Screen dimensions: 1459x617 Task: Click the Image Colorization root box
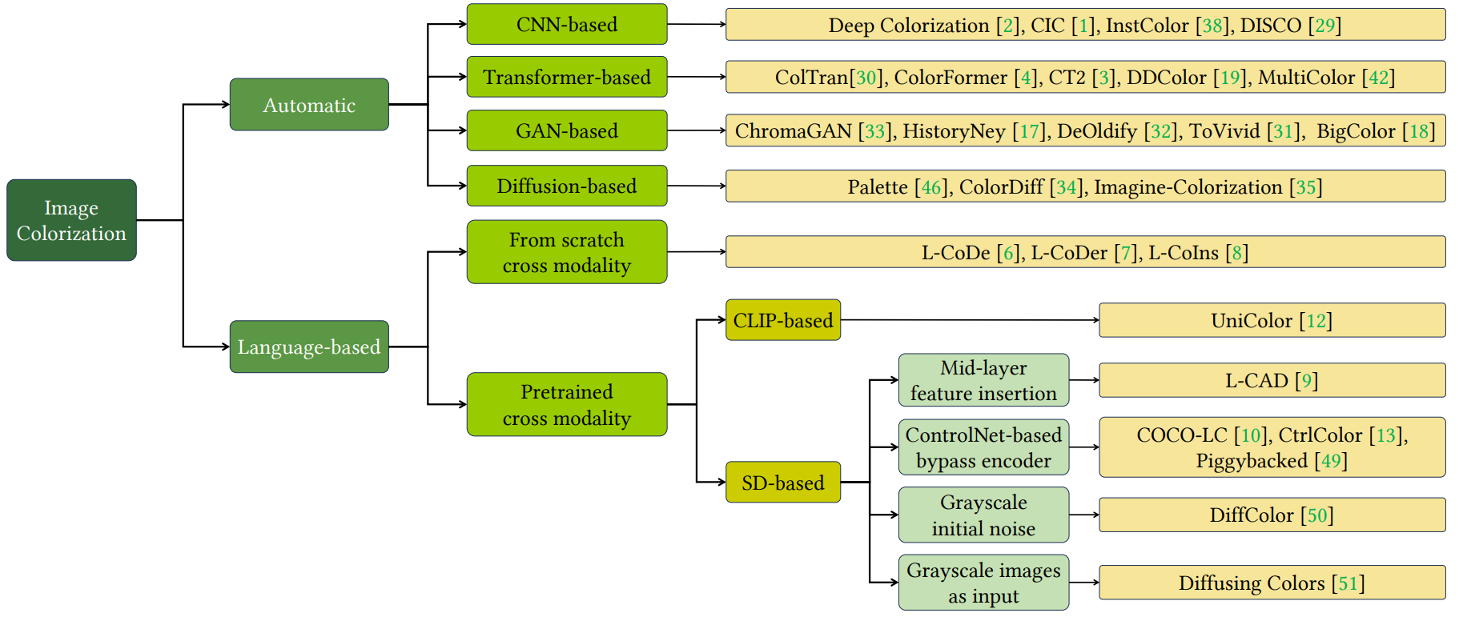(71, 220)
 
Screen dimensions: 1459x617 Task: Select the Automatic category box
(309, 104)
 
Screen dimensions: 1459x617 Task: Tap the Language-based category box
(309, 347)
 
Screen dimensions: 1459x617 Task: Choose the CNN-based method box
(567, 24)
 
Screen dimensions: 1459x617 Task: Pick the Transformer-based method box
(567, 77)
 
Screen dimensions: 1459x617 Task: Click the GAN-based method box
(567, 130)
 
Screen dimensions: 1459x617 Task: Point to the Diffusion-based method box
(567, 186)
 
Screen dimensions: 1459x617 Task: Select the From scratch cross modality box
(567, 252)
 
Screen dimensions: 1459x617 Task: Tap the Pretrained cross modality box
(567, 404)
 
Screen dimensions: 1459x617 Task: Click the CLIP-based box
(783, 320)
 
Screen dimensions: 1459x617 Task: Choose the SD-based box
(783, 482)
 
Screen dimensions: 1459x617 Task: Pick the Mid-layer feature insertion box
(983, 380)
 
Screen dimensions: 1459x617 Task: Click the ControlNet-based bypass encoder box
(983, 447)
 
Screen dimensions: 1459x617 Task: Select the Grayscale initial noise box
(983, 515)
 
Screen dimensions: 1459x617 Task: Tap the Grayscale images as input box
(983, 583)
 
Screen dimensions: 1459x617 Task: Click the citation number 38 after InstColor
(1213, 26)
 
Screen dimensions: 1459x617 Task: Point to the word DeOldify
(1097, 131)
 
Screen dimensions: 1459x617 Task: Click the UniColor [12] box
(1272, 320)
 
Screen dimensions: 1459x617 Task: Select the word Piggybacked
(1252, 461)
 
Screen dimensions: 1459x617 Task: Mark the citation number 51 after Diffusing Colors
(1348, 583)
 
